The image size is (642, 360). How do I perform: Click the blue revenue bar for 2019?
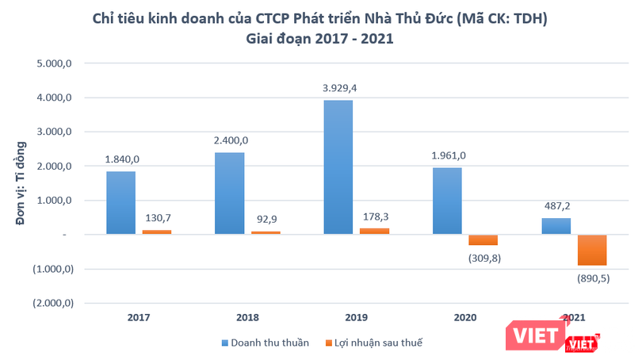point(338,167)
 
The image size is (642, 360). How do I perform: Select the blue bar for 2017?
point(120,202)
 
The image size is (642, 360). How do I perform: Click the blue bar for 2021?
point(556,226)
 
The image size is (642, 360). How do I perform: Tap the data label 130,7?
point(156,217)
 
